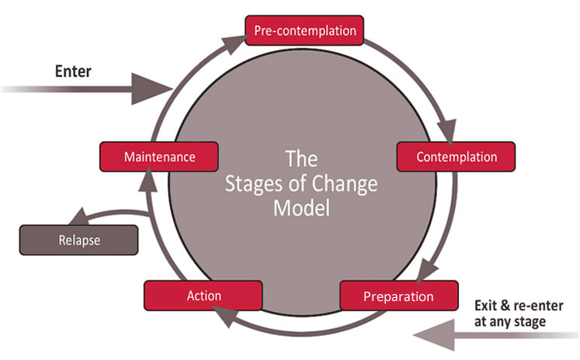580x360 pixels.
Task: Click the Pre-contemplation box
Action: click(x=305, y=31)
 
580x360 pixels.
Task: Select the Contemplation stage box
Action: click(x=457, y=157)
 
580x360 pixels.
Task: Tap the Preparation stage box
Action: click(x=399, y=296)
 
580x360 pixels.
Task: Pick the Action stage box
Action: click(x=203, y=296)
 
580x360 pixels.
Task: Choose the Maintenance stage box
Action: click(x=158, y=157)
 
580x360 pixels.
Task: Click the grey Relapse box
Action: click(x=79, y=240)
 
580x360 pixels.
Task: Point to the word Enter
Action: click(x=73, y=71)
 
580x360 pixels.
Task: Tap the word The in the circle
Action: click(x=301, y=160)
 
